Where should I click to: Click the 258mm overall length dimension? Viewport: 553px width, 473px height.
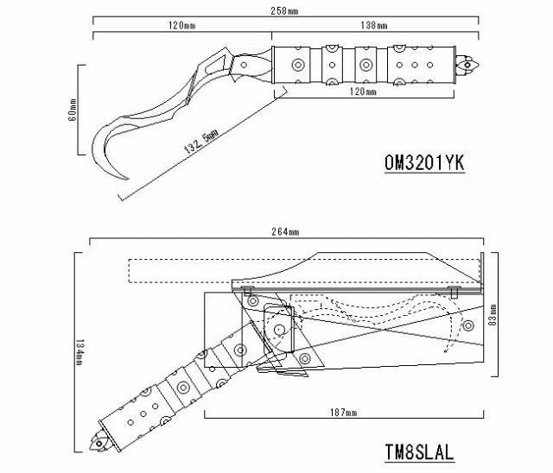pyautogui.click(x=284, y=11)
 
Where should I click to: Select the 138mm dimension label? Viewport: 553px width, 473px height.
pyautogui.click(x=374, y=25)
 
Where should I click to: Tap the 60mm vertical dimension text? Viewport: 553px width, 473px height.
pyautogui.click(x=72, y=110)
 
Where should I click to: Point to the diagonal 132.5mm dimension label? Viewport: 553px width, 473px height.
pyautogui.click(x=201, y=141)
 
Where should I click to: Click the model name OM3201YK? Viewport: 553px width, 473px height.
pyautogui.click(x=424, y=163)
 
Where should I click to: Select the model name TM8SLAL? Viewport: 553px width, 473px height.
pyautogui.click(x=419, y=452)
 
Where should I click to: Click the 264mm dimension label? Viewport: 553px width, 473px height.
pyautogui.click(x=285, y=231)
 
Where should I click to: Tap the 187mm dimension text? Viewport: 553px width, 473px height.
pyautogui.click(x=344, y=412)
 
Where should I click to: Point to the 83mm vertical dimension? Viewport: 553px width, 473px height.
pyautogui.click(x=493, y=314)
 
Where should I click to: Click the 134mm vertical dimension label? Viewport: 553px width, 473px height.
pyautogui.click(x=79, y=352)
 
